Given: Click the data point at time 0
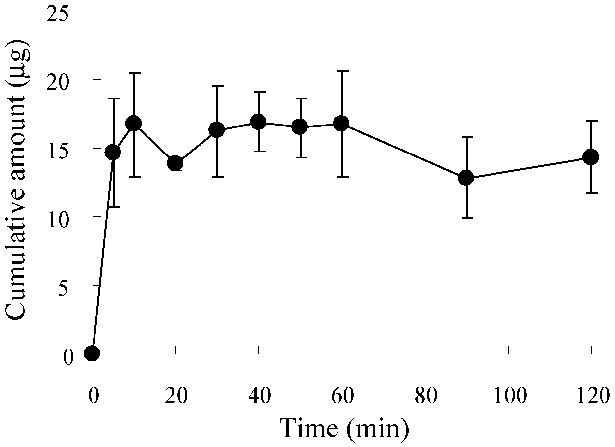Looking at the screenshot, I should [92, 353].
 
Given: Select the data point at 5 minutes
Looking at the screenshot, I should [113, 152].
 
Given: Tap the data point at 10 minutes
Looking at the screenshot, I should [134, 124].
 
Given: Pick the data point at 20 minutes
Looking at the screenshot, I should [175, 163].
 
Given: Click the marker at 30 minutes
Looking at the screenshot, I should [217, 130].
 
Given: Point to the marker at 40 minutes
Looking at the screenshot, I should [258, 122].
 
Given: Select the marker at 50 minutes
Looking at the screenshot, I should [300, 127].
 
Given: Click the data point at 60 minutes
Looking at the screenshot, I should [341, 124].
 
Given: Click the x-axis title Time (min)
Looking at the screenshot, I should [344, 429].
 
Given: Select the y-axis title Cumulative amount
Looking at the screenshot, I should [18, 180].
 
